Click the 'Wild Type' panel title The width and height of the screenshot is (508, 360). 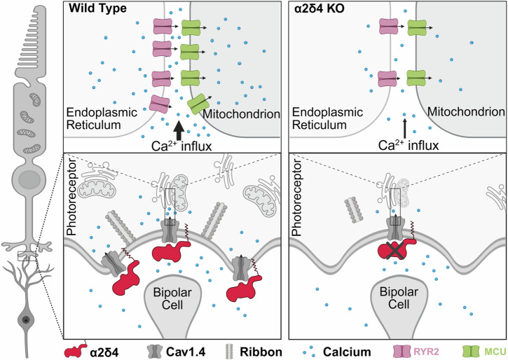pyautogui.click(x=97, y=8)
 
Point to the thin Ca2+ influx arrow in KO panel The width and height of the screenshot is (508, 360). pyautogui.click(x=404, y=129)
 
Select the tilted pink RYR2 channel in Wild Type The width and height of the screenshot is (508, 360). pyautogui.click(x=159, y=104)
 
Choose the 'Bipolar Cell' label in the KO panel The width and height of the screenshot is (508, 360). pyautogui.click(x=399, y=298)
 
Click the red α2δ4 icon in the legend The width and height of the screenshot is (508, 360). pyautogui.click(x=76, y=351)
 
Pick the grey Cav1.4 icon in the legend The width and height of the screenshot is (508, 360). pyautogui.click(x=155, y=352)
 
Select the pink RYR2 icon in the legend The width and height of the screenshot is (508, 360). pyautogui.click(x=400, y=352)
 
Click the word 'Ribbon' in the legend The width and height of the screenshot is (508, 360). pyautogui.click(x=261, y=352)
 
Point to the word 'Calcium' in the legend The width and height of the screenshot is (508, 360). pyautogui.click(x=347, y=352)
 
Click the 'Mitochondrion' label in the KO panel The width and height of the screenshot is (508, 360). pyautogui.click(x=466, y=112)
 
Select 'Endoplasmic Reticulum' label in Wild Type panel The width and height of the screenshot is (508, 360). pyautogui.click(x=102, y=118)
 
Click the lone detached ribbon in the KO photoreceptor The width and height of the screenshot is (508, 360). pyautogui.click(x=353, y=210)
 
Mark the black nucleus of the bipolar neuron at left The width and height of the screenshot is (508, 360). pyautogui.click(x=26, y=320)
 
